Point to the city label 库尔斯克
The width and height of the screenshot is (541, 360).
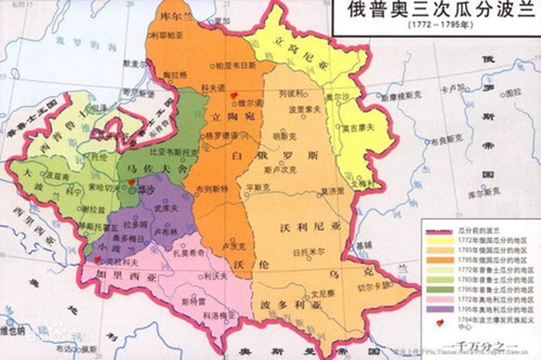pyautogui.click(x=507, y=194)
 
